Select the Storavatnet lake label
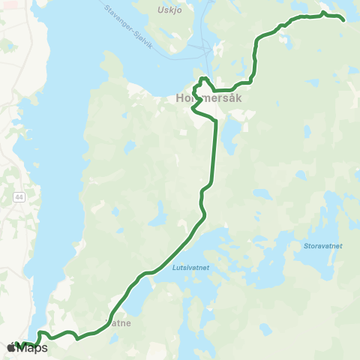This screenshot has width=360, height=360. (x=323, y=245)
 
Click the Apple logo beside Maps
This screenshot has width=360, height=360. (x=11, y=348)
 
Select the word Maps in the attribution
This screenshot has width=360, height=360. (x=34, y=348)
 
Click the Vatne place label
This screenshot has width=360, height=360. (x=120, y=325)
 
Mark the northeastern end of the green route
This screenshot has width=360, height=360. (x=343, y=19)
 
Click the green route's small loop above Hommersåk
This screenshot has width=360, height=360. (x=203, y=80)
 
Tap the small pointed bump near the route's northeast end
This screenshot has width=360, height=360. (x=323, y=12)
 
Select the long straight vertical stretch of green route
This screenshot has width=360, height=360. (x=215, y=150)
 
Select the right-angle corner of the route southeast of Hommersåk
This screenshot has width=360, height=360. (x=250, y=82)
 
